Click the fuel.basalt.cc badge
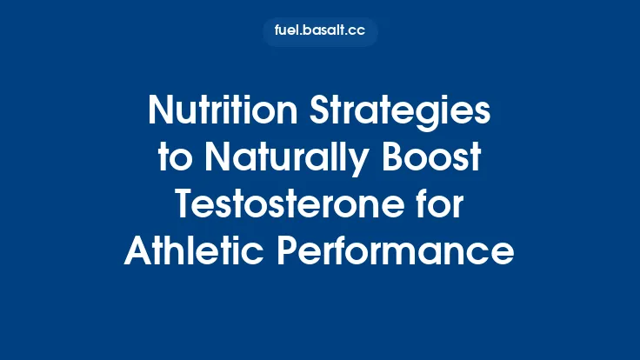[320, 32]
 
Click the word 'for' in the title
[440, 205]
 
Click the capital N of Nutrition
[162, 111]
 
